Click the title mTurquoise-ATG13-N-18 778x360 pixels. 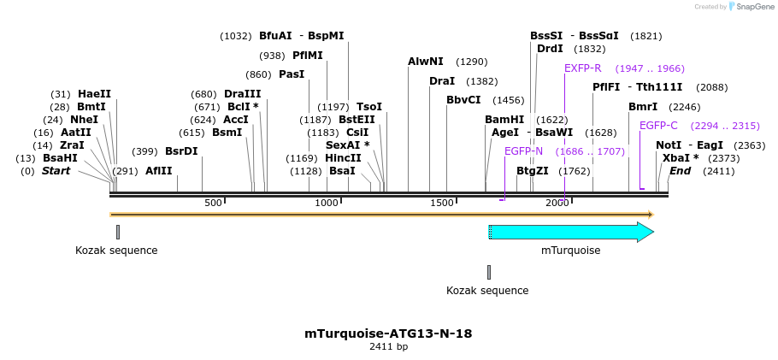pos(388,333)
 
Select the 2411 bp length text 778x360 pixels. pos(388,347)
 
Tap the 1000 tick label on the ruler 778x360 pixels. pos(327,203)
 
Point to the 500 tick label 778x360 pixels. pos(213,203)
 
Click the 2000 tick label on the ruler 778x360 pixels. pos(557,203)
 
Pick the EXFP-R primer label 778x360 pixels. pos(583,68)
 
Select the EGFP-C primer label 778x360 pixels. pos(658,126)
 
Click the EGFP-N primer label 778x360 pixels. pos(523,151)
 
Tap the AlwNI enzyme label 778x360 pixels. pos(426,62)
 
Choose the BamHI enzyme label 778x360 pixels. pos(504,120)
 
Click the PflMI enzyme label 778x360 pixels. pos(308,56)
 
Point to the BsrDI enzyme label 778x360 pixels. pos(181,151)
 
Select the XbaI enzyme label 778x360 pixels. pos(676,158)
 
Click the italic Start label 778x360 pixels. pos(56,171)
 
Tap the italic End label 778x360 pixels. pos(680,171)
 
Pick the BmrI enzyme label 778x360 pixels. pos(643,107)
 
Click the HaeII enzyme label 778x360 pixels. pos(94,94)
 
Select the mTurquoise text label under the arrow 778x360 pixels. pos(571,251)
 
